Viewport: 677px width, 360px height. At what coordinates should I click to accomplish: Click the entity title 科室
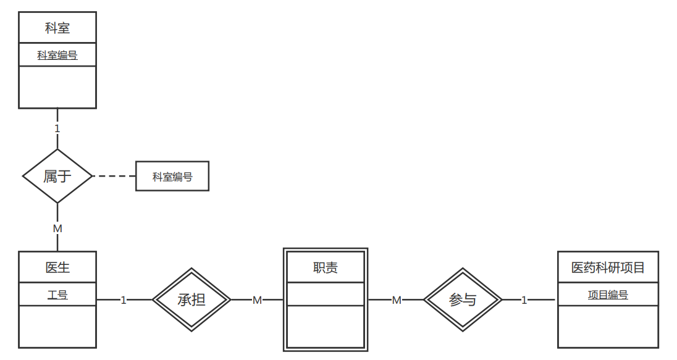[x=57, y=28]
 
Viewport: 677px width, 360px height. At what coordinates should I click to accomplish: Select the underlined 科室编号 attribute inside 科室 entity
[x=57, y=55]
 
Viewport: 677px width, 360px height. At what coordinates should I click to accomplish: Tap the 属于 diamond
[x=57, y=176]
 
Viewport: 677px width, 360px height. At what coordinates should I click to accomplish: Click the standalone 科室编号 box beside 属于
[x=172, y=177]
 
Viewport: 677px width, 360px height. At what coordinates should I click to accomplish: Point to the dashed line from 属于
[x=114, y=176]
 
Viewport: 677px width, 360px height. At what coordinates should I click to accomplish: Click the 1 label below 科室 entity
[x=57, y=128]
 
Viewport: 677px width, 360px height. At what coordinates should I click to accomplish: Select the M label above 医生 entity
[x=57, y=228]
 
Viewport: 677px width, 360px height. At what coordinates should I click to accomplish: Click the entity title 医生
[x=57, y=267]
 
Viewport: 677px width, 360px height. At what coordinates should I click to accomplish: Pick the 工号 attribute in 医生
[x=57, y=295]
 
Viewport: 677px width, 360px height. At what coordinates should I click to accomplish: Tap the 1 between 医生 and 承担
[x=124, y=300]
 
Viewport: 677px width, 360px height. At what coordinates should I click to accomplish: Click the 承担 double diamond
[x=191, y=300]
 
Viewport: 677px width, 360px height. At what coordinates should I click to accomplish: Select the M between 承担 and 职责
[x=258, y=300]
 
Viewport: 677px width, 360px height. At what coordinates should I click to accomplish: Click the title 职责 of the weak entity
[x=326, y=267]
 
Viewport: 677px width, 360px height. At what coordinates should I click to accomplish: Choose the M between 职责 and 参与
[x=397, y=300]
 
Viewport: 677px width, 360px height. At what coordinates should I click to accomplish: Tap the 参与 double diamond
[x=463, y=300]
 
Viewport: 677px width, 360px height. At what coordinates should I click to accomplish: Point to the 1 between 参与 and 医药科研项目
[x=524, y=300]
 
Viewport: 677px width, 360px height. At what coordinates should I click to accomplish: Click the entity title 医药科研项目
[x=608, y=267]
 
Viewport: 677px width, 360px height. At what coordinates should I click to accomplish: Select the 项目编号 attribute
[x=608, y=295]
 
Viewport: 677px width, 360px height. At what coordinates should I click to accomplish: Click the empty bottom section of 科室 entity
[x=57, y=87]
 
